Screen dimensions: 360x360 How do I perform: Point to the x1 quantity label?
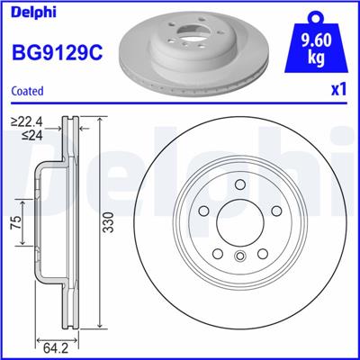coord(338,90)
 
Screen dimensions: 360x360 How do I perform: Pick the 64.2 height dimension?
coord(57,343)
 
